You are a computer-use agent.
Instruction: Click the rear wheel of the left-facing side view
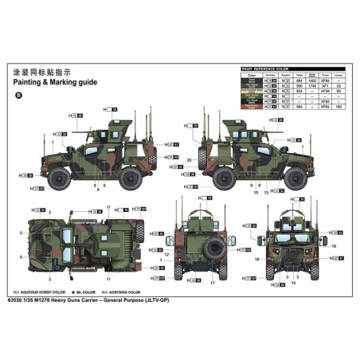point(129,178)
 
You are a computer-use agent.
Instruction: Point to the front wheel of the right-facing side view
point(291,178)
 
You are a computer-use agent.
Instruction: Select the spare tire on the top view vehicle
point(139,231)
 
